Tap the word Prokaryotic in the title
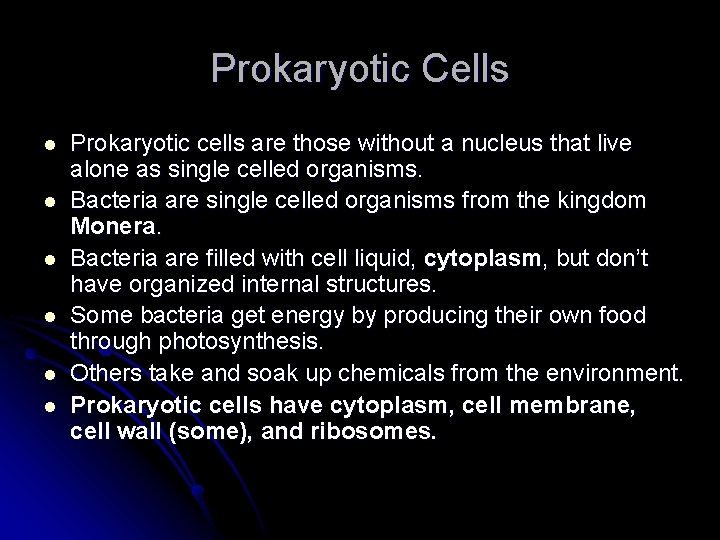305,69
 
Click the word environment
618,375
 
